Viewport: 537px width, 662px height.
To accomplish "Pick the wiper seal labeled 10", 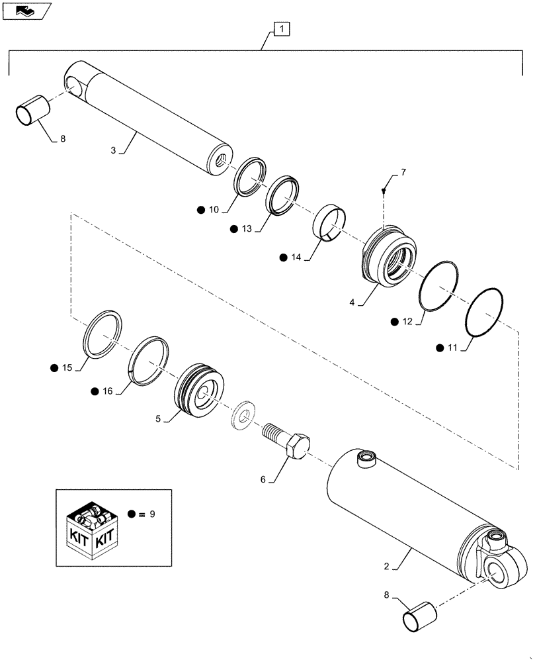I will (251, 177).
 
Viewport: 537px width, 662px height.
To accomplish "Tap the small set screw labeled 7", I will (384, 191).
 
